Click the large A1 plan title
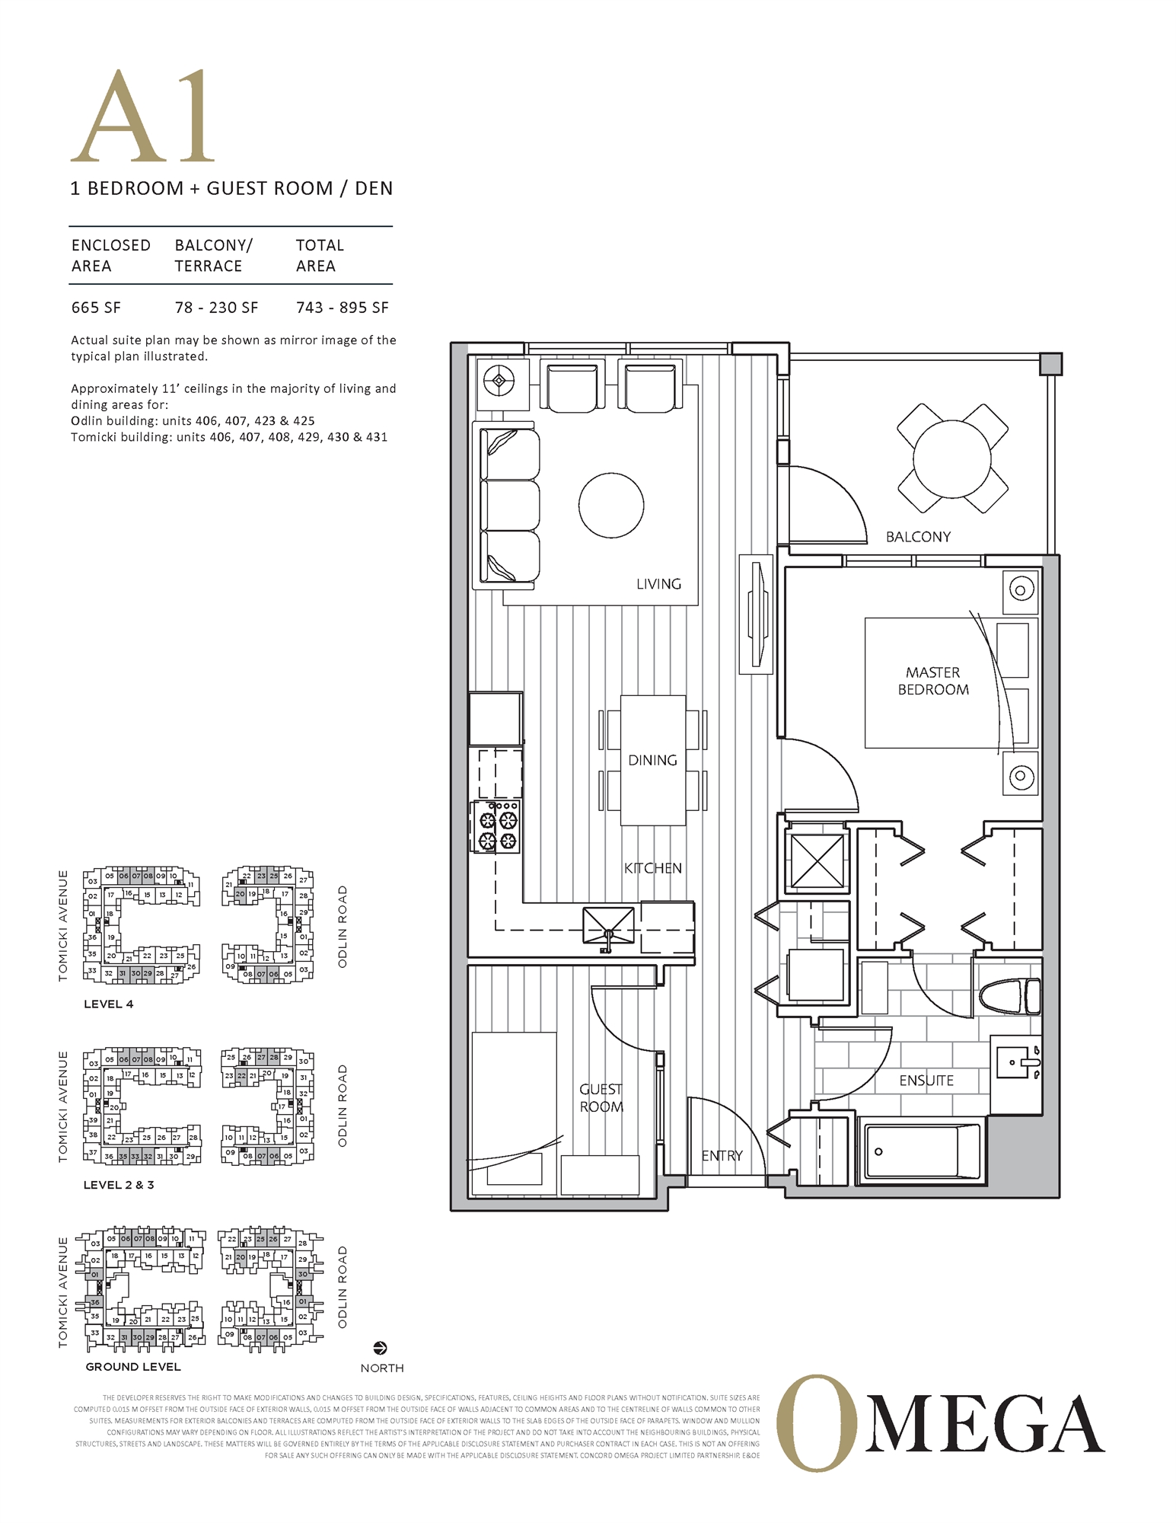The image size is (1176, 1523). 143,118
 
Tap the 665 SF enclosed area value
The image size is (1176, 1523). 96,308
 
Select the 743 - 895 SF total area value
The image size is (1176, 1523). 342,308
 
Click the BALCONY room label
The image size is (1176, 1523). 918,537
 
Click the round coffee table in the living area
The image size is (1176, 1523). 611,505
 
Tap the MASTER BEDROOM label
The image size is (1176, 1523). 933,681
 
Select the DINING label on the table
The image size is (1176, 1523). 652,760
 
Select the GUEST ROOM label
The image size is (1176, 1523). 601,1098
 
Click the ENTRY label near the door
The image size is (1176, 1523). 722,1155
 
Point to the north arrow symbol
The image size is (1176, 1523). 381,1348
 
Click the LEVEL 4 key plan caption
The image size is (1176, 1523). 108,1004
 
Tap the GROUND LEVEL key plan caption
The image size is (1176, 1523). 133,1367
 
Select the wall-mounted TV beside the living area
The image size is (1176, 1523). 756,614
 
